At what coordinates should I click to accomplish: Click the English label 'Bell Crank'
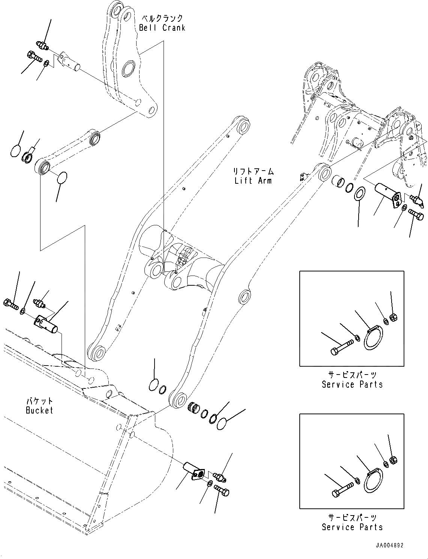coord(162,28)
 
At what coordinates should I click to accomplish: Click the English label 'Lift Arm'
coord(253,181)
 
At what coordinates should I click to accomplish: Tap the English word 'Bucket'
coord(39,411)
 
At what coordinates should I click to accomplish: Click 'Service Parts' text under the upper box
coord(352,384)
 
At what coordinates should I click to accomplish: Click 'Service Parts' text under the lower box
coord(352,527)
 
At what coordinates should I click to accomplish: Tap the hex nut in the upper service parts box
coord(394,318)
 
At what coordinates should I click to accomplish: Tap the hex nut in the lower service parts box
coord(393,460)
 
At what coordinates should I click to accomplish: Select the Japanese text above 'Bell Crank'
coord(162,18)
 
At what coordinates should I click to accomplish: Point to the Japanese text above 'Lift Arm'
coord(253,172)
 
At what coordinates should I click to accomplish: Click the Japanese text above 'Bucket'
coord(39,402)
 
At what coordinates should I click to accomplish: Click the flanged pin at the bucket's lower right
coord(193,470)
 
